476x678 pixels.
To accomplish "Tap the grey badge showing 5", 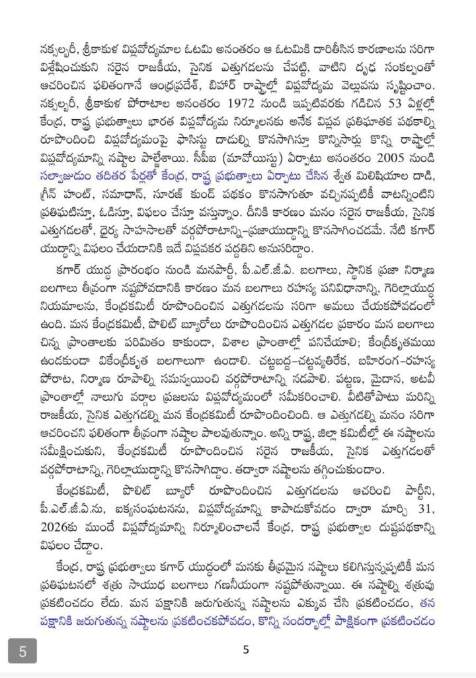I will pyautogui.click(x=22, y=650).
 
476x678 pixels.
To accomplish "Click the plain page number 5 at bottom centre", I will pyautogui.click(x=245, y=650).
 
